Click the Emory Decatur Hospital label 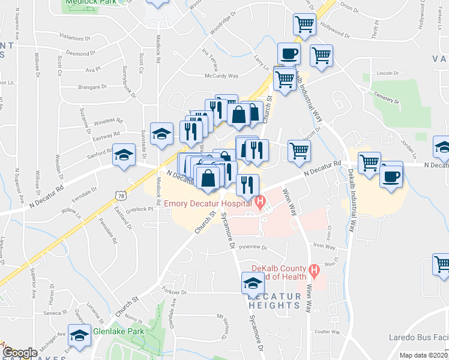(x=208, y=204)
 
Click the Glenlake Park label (x=118, y=331)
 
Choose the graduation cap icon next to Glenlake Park (x=79, y=337)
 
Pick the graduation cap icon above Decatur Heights (x=253, y=283)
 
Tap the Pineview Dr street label (x=251, y=247)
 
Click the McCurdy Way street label (x=221, y=76)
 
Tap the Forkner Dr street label (x=175, y=292)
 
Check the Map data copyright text (x=423, y=355)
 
